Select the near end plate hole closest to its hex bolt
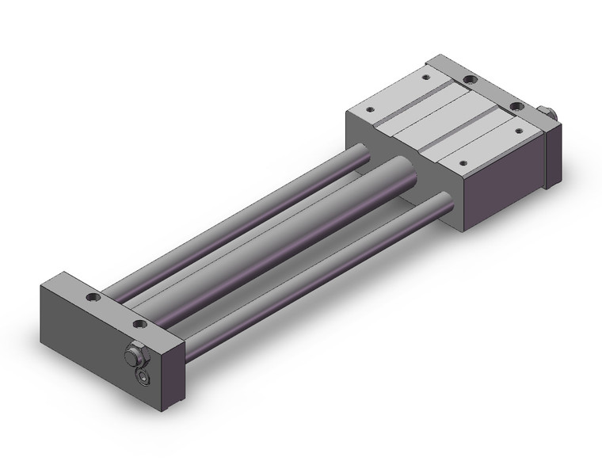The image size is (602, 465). (140, 325)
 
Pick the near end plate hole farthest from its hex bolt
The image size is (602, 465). (94, 299)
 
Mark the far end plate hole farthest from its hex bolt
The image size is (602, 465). (470, 79)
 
